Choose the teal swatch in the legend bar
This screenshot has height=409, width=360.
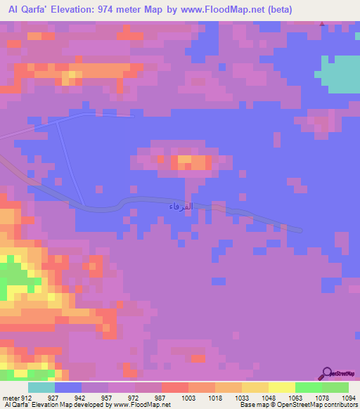(x=41, y=387)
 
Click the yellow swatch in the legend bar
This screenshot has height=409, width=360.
(x=281, y=387)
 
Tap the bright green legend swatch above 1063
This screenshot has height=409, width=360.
(x=308, y=387)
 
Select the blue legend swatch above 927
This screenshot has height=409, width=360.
(x=68, y=387)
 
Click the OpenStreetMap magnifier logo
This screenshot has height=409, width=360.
(x=326, y=373)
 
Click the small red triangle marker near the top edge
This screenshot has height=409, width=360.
(x=322, y=24)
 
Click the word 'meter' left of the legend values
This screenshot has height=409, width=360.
(x=11, y=397)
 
